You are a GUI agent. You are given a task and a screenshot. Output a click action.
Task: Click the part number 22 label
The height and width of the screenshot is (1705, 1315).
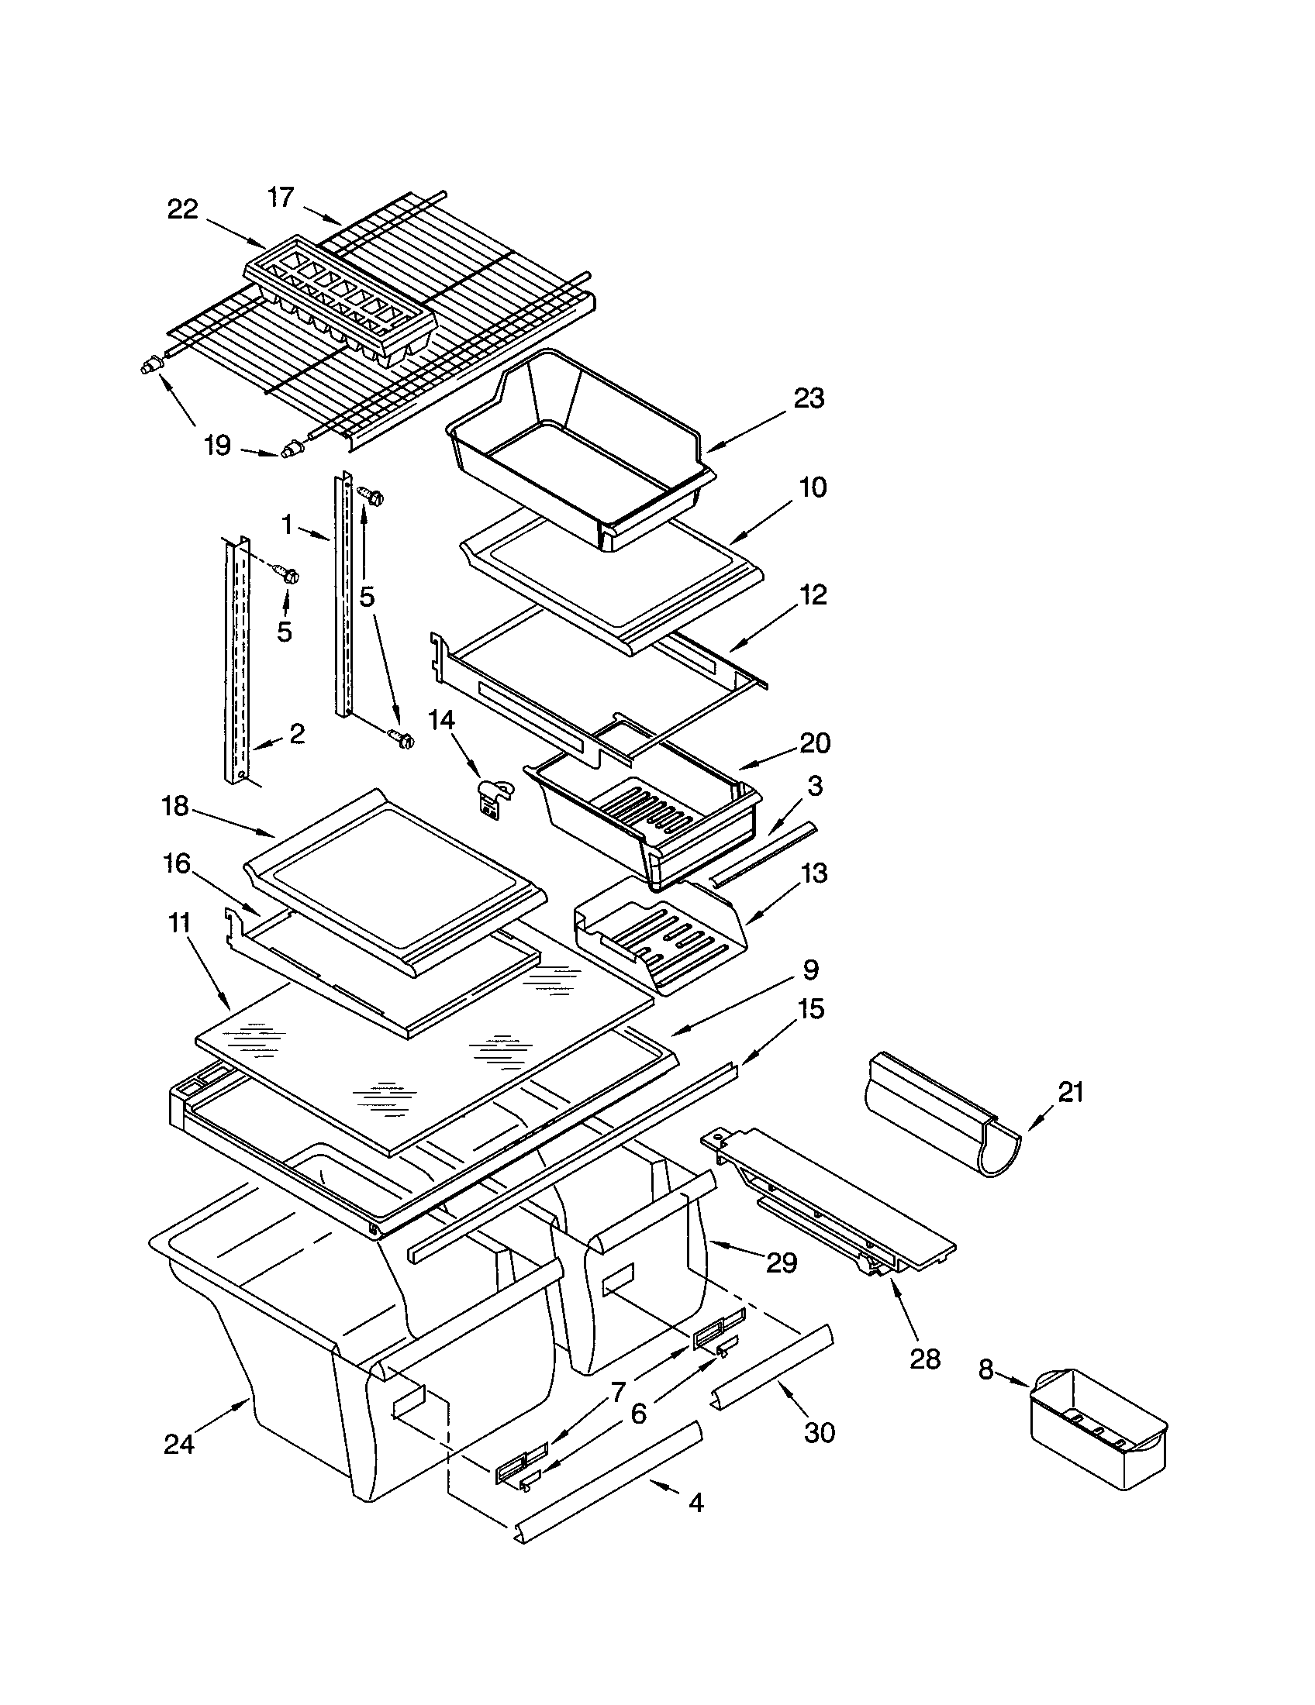coord(182,209)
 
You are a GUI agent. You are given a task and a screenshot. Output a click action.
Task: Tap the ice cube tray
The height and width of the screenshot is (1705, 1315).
coord(340,308)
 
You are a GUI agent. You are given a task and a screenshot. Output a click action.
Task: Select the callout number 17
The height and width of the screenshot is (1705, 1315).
coord(281,198)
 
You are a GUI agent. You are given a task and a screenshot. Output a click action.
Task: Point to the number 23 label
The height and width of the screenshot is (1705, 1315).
coord(808,398)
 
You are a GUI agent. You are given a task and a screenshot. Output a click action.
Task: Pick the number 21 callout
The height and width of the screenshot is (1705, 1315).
coord(1071,1092)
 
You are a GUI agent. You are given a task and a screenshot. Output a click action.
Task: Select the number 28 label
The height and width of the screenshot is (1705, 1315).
coord(924,1359)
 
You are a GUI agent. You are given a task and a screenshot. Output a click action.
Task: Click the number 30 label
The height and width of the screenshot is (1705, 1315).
coord(819,1431)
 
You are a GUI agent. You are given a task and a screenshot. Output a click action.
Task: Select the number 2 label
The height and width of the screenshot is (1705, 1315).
coord(297,733)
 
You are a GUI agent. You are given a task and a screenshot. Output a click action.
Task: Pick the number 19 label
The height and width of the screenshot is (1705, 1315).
coord(217,446)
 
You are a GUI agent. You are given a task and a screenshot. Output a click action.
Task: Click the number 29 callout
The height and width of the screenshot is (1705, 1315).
coord(782,1262)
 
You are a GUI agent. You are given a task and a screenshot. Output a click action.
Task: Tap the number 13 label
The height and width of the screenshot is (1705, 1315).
coord(813,873)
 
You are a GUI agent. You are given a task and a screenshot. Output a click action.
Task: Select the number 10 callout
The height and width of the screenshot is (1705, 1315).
coord(813,487)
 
